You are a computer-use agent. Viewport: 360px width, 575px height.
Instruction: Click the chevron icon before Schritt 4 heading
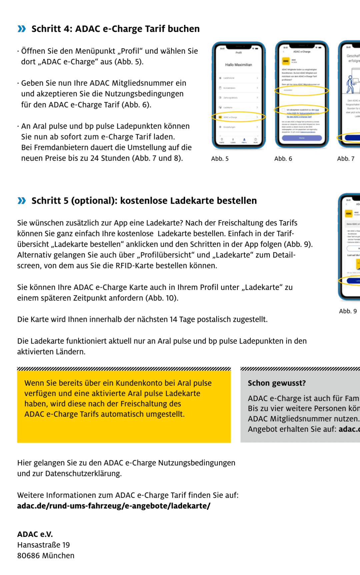(x=22, y=29)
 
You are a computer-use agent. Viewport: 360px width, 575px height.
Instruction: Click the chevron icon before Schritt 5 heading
(x=22, y=201)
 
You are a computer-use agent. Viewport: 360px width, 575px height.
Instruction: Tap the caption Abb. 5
(x=220, y=159)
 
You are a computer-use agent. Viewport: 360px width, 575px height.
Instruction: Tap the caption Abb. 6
(x=283, y=159)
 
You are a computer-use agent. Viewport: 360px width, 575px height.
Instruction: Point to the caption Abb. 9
(x=348, y=311)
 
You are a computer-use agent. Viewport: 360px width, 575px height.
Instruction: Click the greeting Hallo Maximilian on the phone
(x=238, y=65)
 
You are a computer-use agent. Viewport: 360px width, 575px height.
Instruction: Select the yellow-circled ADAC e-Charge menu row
(x=238, y=117)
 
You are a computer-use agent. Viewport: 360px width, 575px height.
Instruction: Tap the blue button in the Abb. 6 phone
(x=302, y=138)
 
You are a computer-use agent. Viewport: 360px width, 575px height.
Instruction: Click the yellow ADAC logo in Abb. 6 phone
(x=286, y=61)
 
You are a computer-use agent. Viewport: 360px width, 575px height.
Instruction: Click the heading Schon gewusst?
(x=277, y=383)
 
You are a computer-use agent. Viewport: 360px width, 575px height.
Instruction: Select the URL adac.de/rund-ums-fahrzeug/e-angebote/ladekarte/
(x=114, y=506)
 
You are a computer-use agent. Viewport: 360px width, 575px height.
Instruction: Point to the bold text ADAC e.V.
(x=35, y=534)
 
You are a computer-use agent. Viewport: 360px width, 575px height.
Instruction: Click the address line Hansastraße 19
(x=43, y=545)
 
